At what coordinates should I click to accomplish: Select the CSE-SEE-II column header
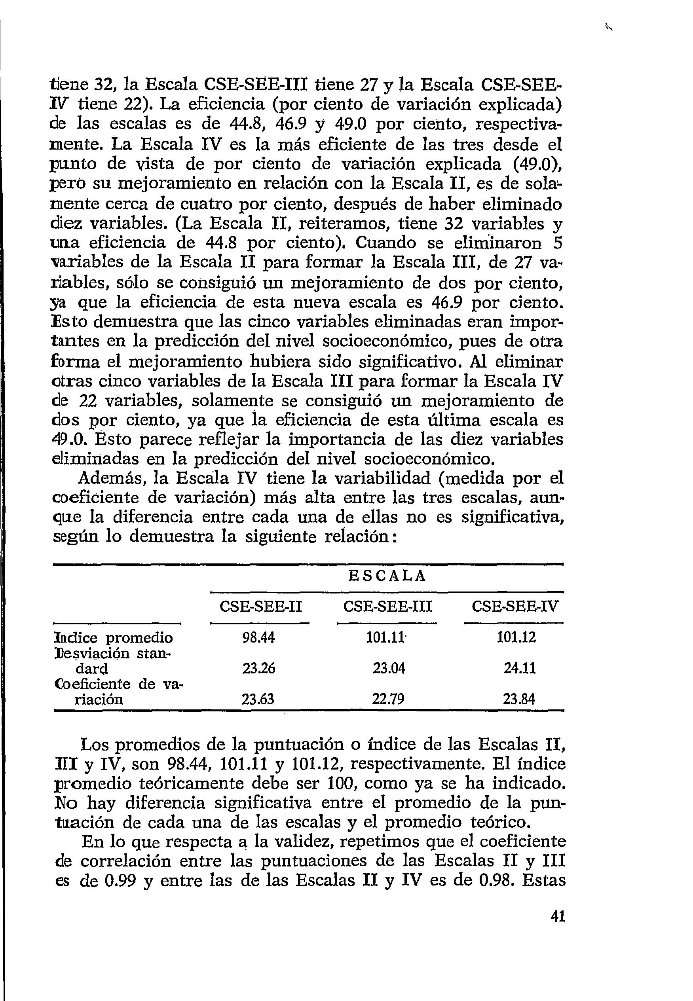coord(260,606)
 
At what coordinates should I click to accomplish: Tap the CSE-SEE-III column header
coord(388,606)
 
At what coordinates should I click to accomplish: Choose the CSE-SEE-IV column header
coord(515,606)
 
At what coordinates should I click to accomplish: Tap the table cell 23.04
coord(389,668)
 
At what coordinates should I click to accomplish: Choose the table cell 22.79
coord(388,699)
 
